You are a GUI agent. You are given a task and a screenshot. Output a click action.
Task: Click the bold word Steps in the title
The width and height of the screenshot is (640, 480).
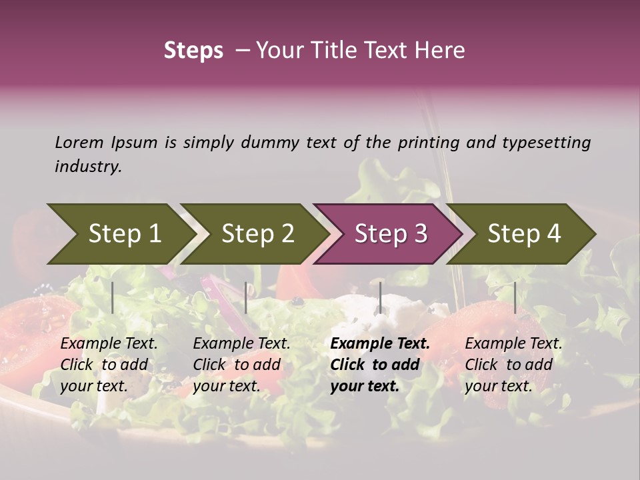coord(193,51)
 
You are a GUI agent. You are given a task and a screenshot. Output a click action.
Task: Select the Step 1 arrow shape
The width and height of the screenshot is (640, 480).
coord(120,233)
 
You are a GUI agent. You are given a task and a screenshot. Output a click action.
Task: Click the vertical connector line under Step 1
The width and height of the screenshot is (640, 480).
coord(113,297)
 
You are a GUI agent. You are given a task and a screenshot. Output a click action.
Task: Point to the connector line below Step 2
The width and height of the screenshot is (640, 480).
coord(246,297)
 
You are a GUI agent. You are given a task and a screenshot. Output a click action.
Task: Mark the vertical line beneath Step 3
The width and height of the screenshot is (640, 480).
coord(380,297)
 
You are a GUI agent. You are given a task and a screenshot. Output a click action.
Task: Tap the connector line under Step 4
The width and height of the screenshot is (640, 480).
coord(515,297)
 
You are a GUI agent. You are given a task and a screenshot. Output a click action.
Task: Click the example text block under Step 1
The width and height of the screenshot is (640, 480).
coord(109,365)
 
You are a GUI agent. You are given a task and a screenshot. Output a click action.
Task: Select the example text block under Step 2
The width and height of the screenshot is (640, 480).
coord(241,365)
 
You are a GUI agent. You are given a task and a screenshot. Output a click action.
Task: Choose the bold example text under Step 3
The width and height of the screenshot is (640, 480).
coord(379,365)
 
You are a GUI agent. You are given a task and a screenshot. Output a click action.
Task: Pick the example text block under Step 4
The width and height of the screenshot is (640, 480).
coord(513,365)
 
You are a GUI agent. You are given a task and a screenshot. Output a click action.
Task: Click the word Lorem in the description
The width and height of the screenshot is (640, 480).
coord(79,142)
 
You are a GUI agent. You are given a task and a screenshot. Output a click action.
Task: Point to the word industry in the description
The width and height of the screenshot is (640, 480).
coord(88,167)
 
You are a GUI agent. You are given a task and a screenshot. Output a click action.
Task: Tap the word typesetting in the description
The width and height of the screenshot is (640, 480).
coord(546,143)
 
